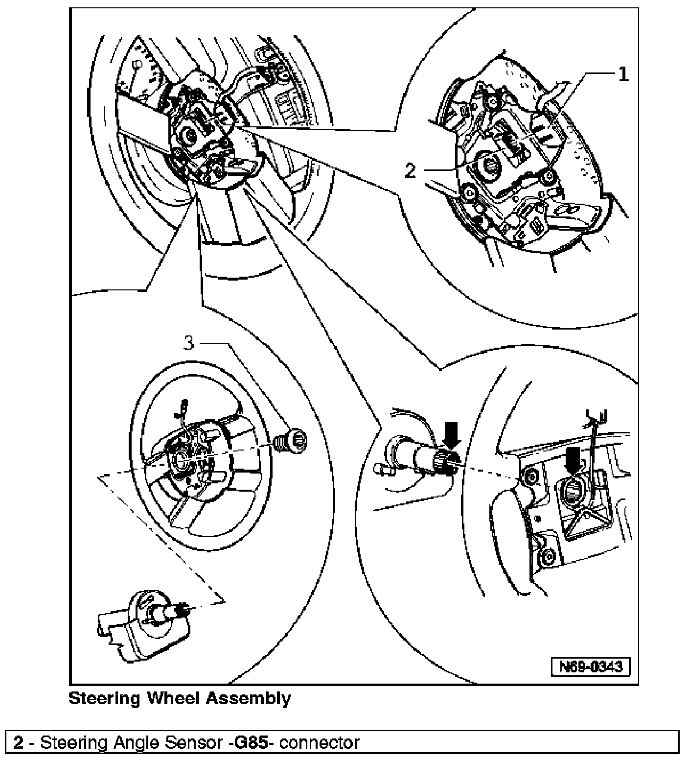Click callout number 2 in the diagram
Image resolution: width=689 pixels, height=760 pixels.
pyautogui.click(x=410, y=171)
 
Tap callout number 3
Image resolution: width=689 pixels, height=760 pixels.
pyautogui.click(x=189, y=343)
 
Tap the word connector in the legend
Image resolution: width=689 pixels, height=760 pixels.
pyautogui.click(x=320, y=742)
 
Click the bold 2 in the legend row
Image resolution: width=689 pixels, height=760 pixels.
pyautogui.click(x=19, y=742)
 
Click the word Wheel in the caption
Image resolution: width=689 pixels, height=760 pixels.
pyautogui.click(x=173, y=698)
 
